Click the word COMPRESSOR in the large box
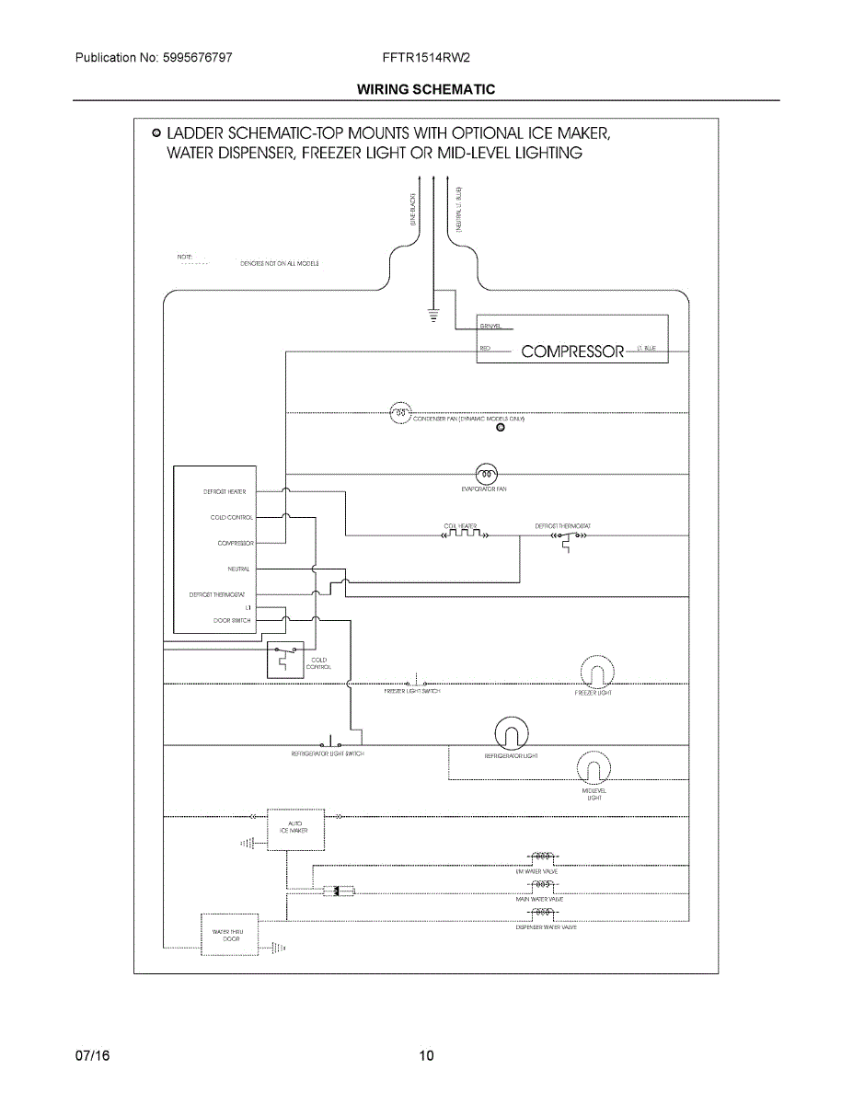pyautogui.click(x=572, y=351)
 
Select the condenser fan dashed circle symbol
pyautogui.click(x=399, y=413)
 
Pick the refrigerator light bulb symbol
pyautogui.click(x=512, y=734)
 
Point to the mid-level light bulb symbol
pyautogui.click(x=594, y=768)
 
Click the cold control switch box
pyautogui.click(x=284, y=661)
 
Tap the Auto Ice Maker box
pyautogui.click(x=295, y=830)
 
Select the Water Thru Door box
pyautogui.click(x=228, y=936)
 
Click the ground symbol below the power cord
pyautogui.click(x=434, y=316)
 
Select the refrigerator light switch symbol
pyautogui.click(x=329, y=742)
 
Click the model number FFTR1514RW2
pyautogui.click(x=427, y=58)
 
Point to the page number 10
pyautogui.click(x=426, y=1055)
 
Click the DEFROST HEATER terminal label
pyautogui.click(x=225, y=492)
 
